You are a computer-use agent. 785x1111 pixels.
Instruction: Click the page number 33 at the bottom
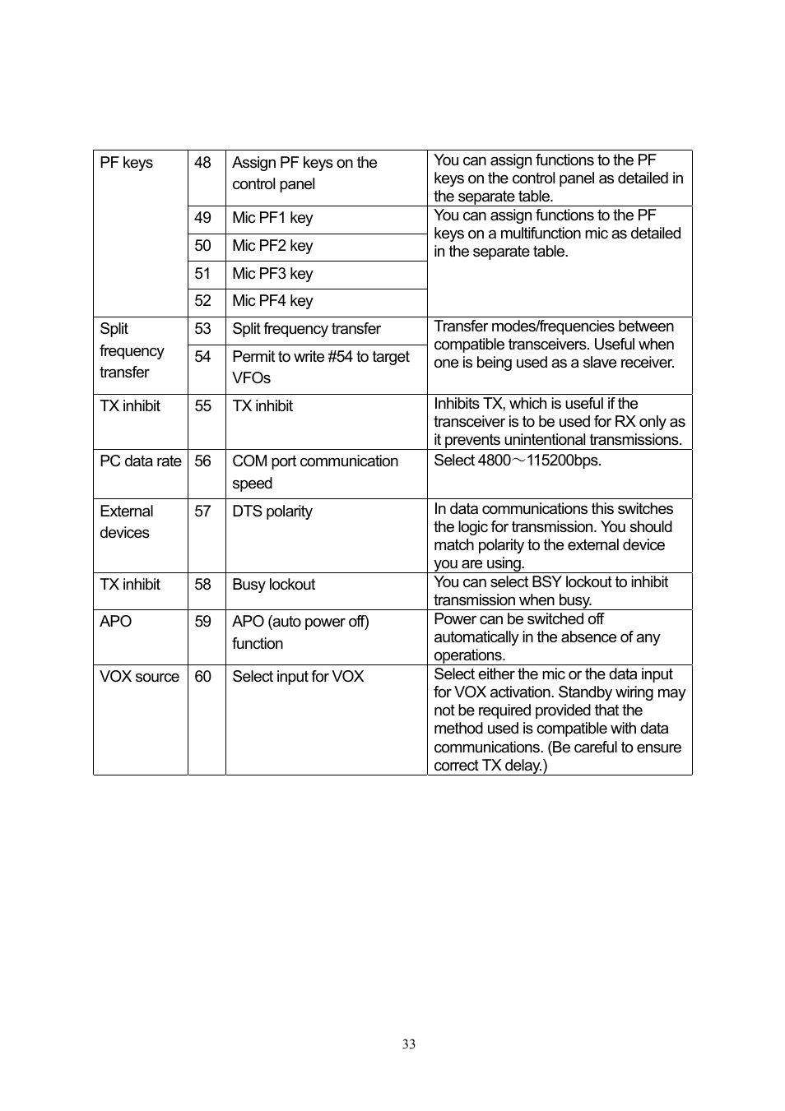(409, 1044)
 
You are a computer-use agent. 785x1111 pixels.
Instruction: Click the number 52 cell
(203, 301)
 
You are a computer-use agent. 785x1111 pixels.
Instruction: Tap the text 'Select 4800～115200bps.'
(518, 461)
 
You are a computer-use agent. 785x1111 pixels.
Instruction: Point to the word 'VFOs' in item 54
(252, 378)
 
